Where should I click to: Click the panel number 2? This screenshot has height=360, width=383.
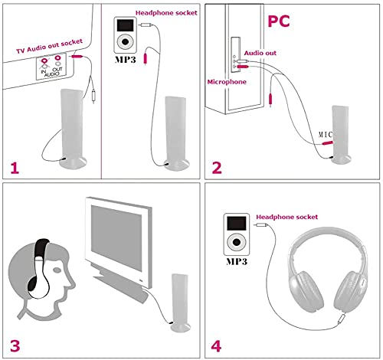[x=216, y=168]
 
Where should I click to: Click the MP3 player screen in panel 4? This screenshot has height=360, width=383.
[x=237, y=224]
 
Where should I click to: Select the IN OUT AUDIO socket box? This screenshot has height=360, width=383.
[x=45, y=70]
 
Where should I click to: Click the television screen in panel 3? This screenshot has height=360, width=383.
[x=117, y=237]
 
